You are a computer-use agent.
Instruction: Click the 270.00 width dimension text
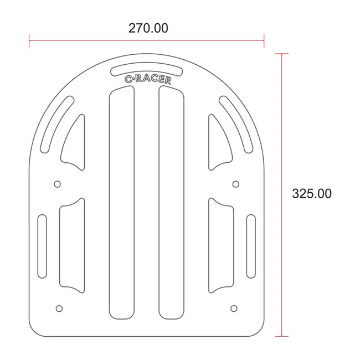click(x=148, y=28)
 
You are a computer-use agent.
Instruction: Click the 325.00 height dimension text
click(x=312, y=193)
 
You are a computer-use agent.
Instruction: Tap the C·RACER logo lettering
click(x=148, y=79)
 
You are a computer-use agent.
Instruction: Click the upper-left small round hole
click(x=58, y=184)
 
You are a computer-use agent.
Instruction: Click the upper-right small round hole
click(x=236, y=184)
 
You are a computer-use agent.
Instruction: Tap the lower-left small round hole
click(x=59, y=308)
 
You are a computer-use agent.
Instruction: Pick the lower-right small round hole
click(x=234, y=308)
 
